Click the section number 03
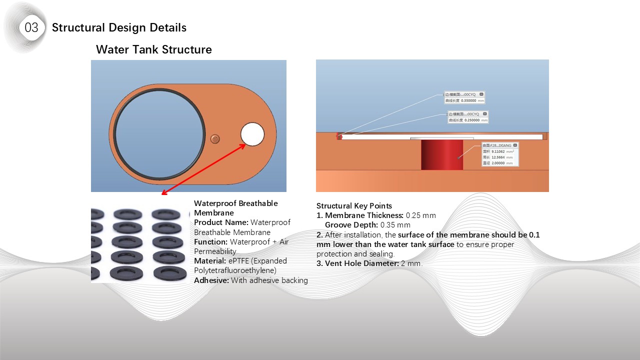[x=31, y=27]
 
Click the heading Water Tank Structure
[x=153, y=49]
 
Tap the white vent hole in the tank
[x=252, y=134]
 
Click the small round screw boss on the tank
[x=215, y=138]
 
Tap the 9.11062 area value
[x=498, y=151]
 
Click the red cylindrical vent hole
[x=441, y=155]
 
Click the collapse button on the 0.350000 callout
[x=481, y=94]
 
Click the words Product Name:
[x=221, y=222]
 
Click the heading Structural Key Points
[x=354, y=206]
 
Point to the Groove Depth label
[x=351, y=225]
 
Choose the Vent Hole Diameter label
[x=361, y=263]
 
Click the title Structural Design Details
[x=119, y=27]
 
